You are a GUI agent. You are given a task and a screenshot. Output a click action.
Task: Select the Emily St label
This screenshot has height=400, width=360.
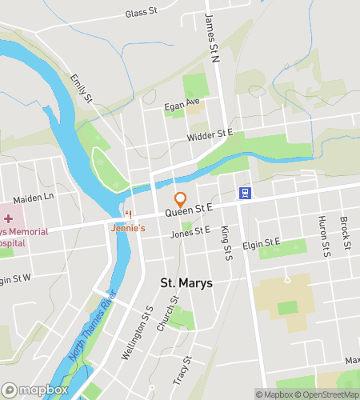82,88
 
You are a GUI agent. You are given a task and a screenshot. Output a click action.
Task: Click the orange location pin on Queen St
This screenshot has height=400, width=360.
181,200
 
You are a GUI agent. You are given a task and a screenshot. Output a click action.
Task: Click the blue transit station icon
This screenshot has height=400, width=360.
245,194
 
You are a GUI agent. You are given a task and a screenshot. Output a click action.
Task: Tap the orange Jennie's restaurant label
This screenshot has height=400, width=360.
127,228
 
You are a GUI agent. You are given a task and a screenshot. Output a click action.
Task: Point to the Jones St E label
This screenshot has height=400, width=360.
190,233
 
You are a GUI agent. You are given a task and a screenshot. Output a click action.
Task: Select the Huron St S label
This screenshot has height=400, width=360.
324,237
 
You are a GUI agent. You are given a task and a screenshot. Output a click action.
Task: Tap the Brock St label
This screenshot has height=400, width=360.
346,233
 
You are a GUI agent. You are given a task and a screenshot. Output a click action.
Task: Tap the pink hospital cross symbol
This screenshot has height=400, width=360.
8,218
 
